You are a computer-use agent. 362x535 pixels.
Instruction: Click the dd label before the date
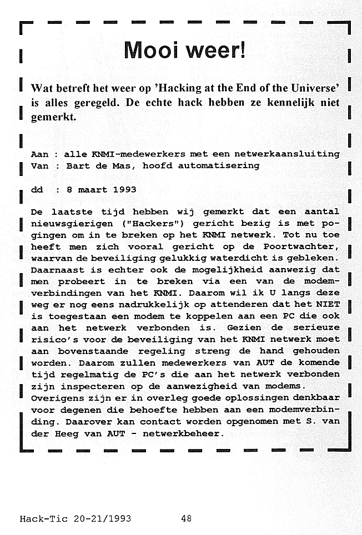(37, 189)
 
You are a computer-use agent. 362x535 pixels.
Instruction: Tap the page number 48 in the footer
(186, 519)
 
